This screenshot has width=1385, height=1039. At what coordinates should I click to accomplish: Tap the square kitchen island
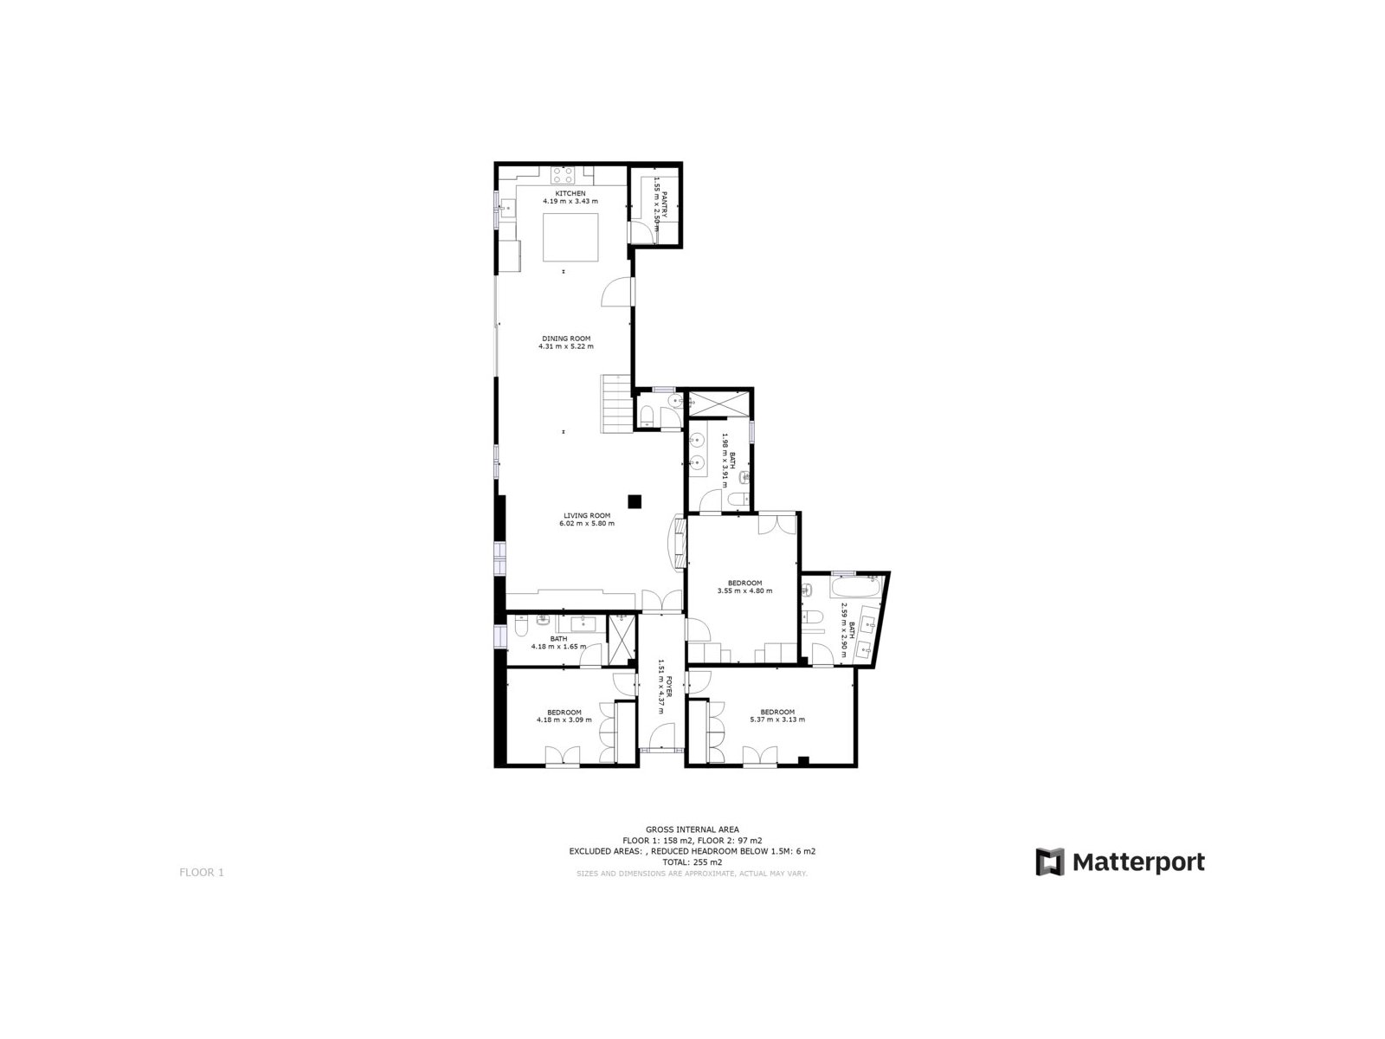point(570,237)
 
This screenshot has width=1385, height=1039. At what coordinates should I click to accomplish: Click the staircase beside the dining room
point(615,403)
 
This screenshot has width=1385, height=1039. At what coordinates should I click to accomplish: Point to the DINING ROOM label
point(566,339)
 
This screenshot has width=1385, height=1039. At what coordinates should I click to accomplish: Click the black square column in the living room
point(635,501)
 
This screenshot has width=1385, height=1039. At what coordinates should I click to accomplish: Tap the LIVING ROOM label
point(587,515)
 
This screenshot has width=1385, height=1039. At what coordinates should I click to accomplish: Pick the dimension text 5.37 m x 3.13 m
point(777,720)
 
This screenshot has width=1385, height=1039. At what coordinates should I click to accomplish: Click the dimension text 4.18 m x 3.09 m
point(564,720)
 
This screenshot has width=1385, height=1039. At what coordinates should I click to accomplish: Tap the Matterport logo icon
point(1050,862)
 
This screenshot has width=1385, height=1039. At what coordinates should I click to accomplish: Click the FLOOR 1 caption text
point(202,873)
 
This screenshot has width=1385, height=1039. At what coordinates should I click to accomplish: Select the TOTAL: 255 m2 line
point(692,862)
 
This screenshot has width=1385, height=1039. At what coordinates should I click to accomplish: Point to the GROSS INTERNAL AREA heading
point(692,829)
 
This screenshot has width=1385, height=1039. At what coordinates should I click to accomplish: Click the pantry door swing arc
point(642,234)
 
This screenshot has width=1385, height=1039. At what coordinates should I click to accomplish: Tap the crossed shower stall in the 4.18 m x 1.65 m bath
point(621,640)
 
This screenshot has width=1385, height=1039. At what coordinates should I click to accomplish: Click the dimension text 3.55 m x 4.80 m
point(744,591)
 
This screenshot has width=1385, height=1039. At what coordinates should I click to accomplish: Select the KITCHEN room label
point(570,193)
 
